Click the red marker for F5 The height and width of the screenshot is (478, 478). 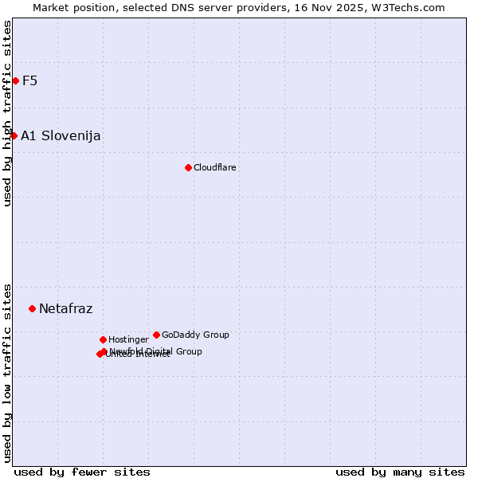tap(15, 80)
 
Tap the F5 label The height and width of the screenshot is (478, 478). tap(29, 80)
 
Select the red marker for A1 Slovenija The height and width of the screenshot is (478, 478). tap(14, 135)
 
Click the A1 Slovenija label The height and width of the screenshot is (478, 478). tap(61, 135)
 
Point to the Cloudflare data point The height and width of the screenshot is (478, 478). tap(188, 167)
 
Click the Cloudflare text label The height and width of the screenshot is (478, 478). tap(214, 167)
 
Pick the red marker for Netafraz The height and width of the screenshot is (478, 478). tap(32, 308)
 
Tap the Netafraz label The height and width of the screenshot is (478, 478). tap(65, 308)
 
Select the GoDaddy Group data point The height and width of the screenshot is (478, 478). tap(156, 335)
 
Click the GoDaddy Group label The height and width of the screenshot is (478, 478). tap(195, 335)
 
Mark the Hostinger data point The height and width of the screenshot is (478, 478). tap(103, 339)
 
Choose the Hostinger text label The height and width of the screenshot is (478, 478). tap(128, 339)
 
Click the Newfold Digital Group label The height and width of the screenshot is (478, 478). tap(156, 351)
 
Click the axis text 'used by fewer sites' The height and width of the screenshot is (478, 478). tap(82, 472)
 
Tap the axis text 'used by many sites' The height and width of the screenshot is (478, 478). tap(400, 472)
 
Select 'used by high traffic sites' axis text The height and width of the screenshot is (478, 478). tap(7, 113)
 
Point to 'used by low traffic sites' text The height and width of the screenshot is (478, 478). tap(7, 372)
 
